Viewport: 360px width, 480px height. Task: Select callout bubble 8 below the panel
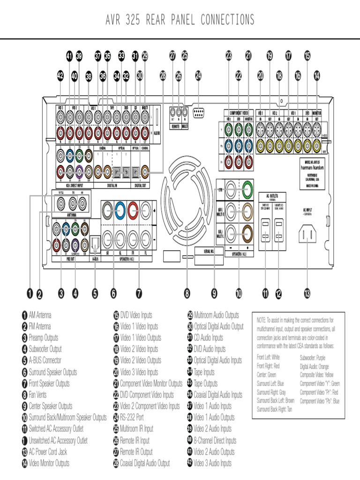pyautogui.click(x=187, y=294)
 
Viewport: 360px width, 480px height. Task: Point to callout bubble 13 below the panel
pyautogui.click(x=307, y=294)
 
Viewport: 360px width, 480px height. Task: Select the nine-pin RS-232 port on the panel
pyautogui.click(x=198, y=112)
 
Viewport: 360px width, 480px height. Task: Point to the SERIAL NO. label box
pyautogui.click(x=205, y=251)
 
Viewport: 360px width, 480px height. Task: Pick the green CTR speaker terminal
pyautogui.click(x=247, y=190)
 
